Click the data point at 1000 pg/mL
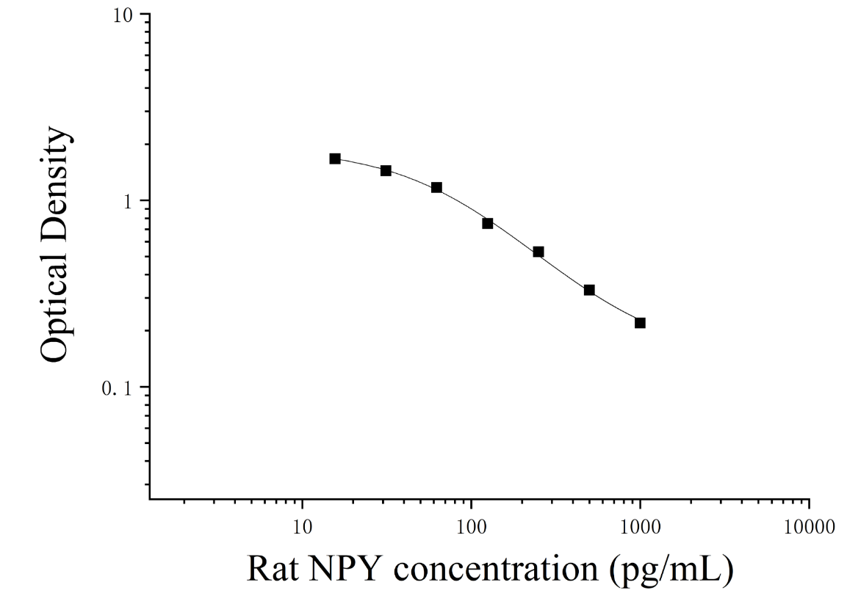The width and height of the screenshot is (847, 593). pos(640,323)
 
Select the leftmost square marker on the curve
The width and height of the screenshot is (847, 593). pos(335,159)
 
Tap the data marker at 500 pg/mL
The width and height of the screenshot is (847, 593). pos(589,291)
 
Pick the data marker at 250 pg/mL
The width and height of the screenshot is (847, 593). pos(538,252)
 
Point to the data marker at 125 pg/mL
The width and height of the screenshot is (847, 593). pos(488,223)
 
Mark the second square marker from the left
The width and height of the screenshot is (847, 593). pos(386,170)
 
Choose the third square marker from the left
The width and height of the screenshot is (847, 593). pos(436,188)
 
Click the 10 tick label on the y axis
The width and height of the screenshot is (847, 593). pos(123,15)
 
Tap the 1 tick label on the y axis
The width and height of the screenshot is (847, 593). pos(129,201)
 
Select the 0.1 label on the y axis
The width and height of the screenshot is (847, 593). pos(118,388)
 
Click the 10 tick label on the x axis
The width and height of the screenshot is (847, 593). pos(303,527)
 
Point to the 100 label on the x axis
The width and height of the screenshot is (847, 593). pos(472,527)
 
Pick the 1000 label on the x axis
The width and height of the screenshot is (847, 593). pos(640,527)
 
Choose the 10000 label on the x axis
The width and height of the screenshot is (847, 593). pos(810,527)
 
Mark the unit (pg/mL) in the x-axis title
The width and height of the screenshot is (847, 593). pos(671,570)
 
